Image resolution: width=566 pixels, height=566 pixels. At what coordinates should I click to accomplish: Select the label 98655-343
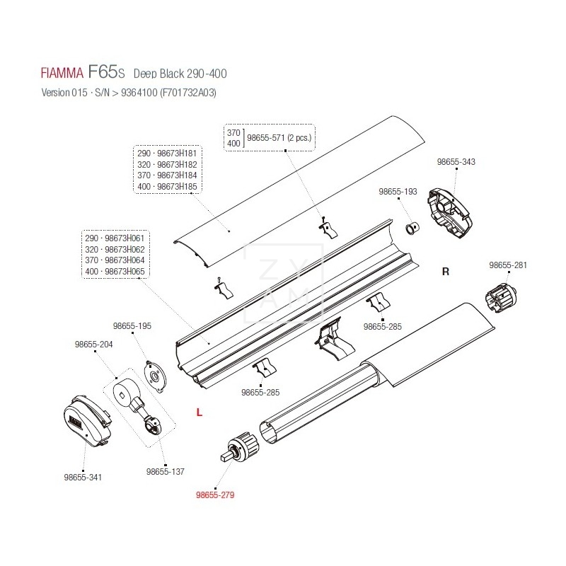point(456,162)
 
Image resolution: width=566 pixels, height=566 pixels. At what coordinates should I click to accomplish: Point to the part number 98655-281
point(508,265)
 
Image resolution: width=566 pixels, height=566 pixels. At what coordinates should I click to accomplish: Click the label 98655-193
point(398,192)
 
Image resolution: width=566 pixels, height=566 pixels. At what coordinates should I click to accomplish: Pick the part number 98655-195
point(132,326)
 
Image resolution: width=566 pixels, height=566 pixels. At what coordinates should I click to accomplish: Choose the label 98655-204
point(93,345)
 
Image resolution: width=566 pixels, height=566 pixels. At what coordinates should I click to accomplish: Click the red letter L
point(200,412)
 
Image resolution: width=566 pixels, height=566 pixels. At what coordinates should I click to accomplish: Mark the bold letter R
point(445,271)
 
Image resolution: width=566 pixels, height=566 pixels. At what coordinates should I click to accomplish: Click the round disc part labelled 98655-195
point(156,372)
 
